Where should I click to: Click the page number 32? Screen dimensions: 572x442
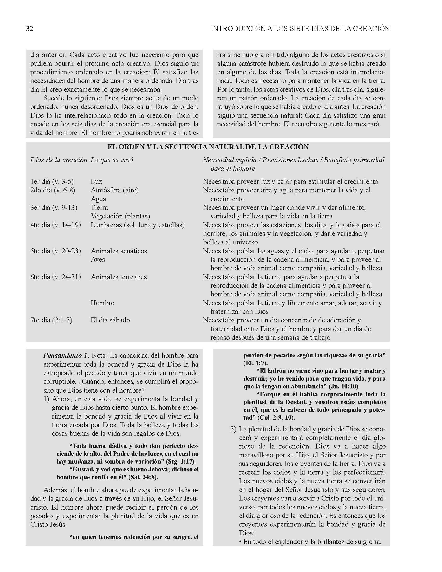point(30,29)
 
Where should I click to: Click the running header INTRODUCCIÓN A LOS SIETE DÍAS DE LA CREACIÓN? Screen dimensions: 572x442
point(300,29)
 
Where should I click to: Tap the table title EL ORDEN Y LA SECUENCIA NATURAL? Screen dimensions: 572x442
point(208,147)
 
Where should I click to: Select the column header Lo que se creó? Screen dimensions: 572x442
point(112,160)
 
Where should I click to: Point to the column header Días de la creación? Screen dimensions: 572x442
point(59,160)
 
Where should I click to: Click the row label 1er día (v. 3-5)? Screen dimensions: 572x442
point(52,181)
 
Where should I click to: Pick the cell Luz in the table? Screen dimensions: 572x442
point(96,181)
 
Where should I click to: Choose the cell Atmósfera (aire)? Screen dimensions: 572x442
point(114,190)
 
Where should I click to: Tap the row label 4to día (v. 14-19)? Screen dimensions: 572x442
point(56,225)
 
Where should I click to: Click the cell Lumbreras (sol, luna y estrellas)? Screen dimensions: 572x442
point(138,225)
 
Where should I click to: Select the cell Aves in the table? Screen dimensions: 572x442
point(98,259)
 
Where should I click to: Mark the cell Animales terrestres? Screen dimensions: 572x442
point(119,277)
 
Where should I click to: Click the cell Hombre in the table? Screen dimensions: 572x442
point(102,303)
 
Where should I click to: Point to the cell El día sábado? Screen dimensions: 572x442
point(110,320)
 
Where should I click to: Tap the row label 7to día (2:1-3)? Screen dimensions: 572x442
point(51,320)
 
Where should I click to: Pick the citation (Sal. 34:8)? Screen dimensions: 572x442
point(143,477)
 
